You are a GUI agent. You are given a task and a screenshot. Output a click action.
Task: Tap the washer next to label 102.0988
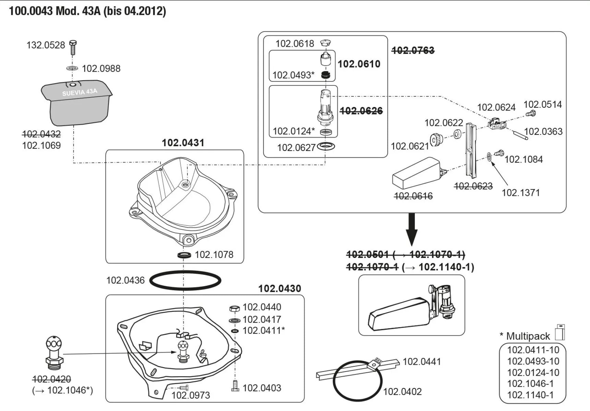(x=72, y=68)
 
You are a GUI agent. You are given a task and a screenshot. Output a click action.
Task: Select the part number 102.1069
(x=41, y=145)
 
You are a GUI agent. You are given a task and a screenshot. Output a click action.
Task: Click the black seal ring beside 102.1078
(x=184, y=255)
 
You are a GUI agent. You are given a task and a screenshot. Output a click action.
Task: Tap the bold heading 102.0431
(x=183, y=143)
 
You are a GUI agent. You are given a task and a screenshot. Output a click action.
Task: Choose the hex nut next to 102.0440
(x=234, y=308)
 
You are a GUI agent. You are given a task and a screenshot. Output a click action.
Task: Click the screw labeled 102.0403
(x=235, y=387)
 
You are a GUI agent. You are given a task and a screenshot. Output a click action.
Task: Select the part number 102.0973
(x=191, y=395)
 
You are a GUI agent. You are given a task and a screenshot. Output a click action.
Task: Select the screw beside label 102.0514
(x=531, y=113)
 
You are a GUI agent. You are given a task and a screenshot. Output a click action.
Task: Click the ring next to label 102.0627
(x=326, y=146)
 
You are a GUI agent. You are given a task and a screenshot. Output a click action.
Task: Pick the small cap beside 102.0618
(x=325, y=43)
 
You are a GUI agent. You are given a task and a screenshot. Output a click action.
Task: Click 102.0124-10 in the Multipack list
(x=533, y=372)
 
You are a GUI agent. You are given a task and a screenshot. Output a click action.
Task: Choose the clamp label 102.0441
(x=421, y=362)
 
